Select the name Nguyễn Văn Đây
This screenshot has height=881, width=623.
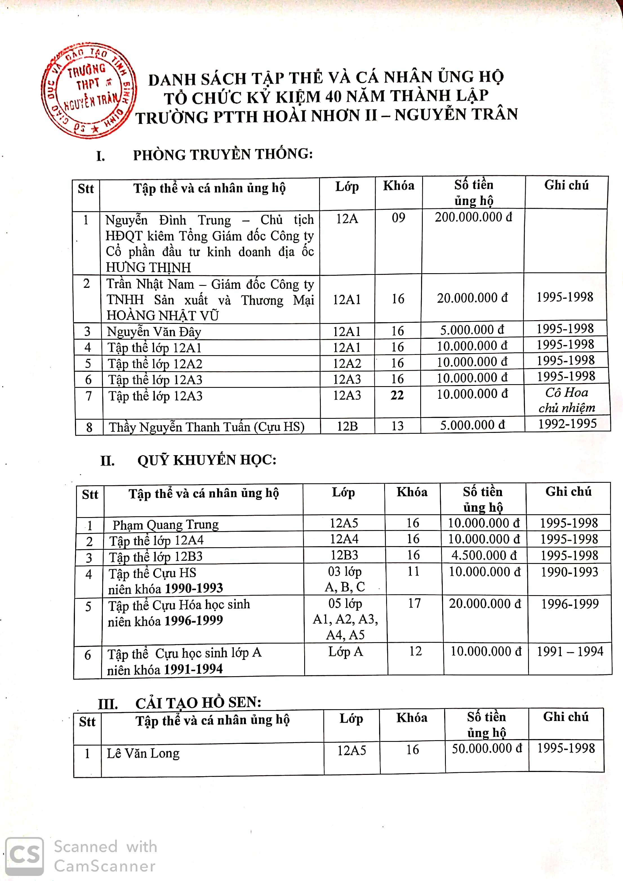click(154, 332)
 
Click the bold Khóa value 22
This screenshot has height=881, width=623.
click(397, 395)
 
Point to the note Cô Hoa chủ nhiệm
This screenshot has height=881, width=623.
click(567, 400)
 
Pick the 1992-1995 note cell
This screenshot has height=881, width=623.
click(567, 424)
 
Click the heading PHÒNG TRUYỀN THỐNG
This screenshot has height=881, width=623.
click(222, 154)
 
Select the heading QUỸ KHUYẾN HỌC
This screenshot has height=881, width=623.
click(207, 460)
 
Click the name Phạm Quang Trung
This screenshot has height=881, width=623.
click(165, 524)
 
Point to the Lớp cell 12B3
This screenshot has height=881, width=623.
click(344, 555)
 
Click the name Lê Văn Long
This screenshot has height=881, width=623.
click(143, 753)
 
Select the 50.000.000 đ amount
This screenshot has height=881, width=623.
click(486, 749)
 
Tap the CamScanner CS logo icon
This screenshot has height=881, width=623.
click(24, 856)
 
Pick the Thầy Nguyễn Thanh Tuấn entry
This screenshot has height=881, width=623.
click(206, 427)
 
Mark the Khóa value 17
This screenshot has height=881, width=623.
click(414, 603)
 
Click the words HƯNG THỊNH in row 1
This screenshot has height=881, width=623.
click(148, 267)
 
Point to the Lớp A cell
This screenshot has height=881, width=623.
click(345, 651)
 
